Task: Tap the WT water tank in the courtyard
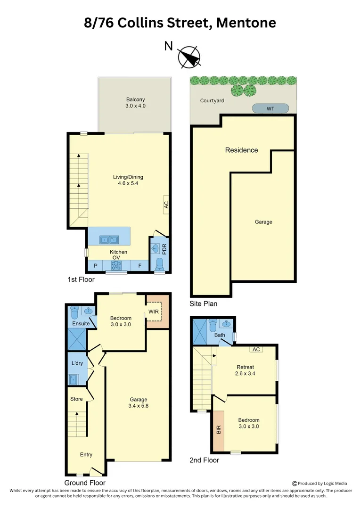[270, 108]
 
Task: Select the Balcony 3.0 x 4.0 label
[135, 103]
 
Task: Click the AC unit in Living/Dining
[166, 205]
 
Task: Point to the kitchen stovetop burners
[116, 266]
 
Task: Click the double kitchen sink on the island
[109, 240]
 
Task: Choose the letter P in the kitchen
[96, 266]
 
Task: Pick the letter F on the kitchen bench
[140, 266]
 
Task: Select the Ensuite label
[81, 324]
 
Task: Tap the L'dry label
[77, 364]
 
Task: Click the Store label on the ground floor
[76, 399]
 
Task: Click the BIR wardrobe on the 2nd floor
[219, 430]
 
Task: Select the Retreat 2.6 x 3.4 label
[245, 370]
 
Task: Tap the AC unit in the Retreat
[256, 349]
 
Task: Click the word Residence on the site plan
[241, 150]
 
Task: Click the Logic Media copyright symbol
[295, 483]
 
